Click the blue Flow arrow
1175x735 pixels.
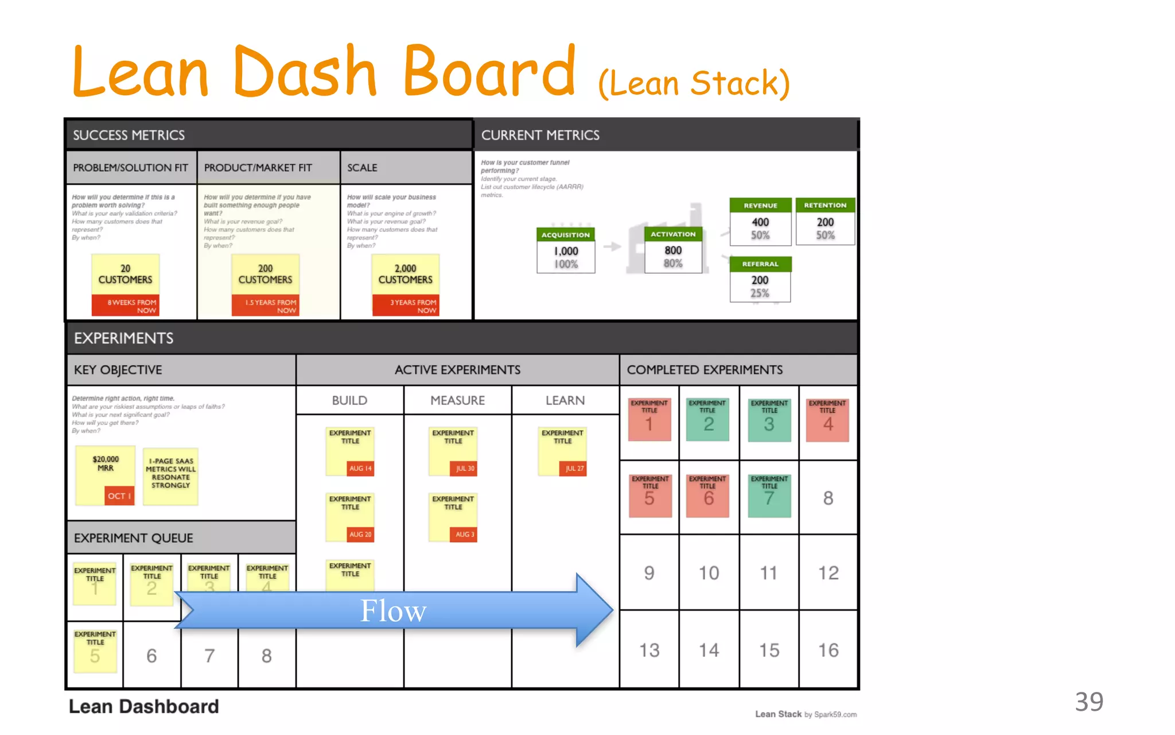coord(393,610)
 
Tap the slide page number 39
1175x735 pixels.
coord(1089,702)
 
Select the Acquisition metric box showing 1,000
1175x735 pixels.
coord(566,251)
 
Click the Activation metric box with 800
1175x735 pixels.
coord(673,250)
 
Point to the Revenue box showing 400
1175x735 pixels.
coord(760,222)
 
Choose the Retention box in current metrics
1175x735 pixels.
coord(825,222)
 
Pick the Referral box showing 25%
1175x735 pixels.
coord(760,280)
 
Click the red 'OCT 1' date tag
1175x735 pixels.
coord(119,496)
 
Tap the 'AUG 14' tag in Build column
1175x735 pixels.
coord(360,469)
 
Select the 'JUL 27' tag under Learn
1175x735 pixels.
coord(574,469)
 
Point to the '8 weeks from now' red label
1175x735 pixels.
coord(125,306)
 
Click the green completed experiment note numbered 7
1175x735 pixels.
coord(769,496)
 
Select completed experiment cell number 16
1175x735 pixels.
coord(828,650)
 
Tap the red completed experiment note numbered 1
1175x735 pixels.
coord(649,420)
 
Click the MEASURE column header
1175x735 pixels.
coord(457,400)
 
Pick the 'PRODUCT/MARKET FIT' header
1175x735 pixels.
coord(258,168)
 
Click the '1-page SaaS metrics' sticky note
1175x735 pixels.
coord(170,476)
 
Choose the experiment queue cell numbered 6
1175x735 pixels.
coord(151,656)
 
